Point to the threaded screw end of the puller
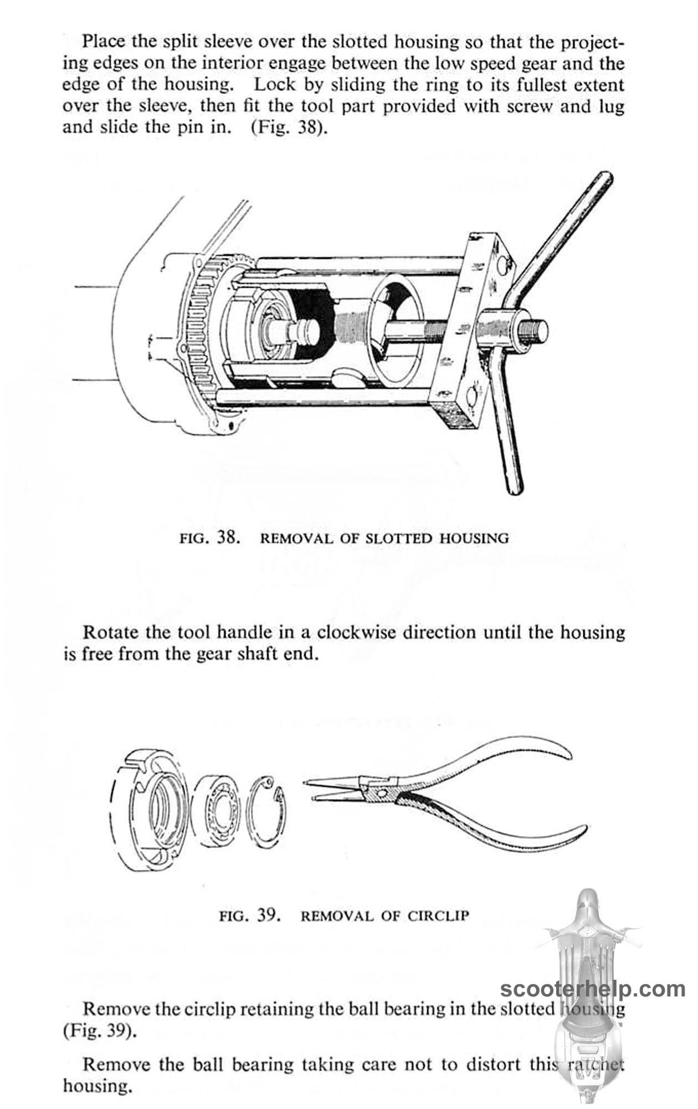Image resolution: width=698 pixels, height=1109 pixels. (535, 330)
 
